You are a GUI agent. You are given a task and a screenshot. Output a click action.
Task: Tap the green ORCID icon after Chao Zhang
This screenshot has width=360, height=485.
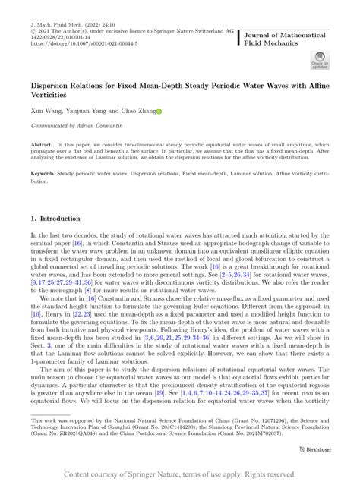pos(159,111)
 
